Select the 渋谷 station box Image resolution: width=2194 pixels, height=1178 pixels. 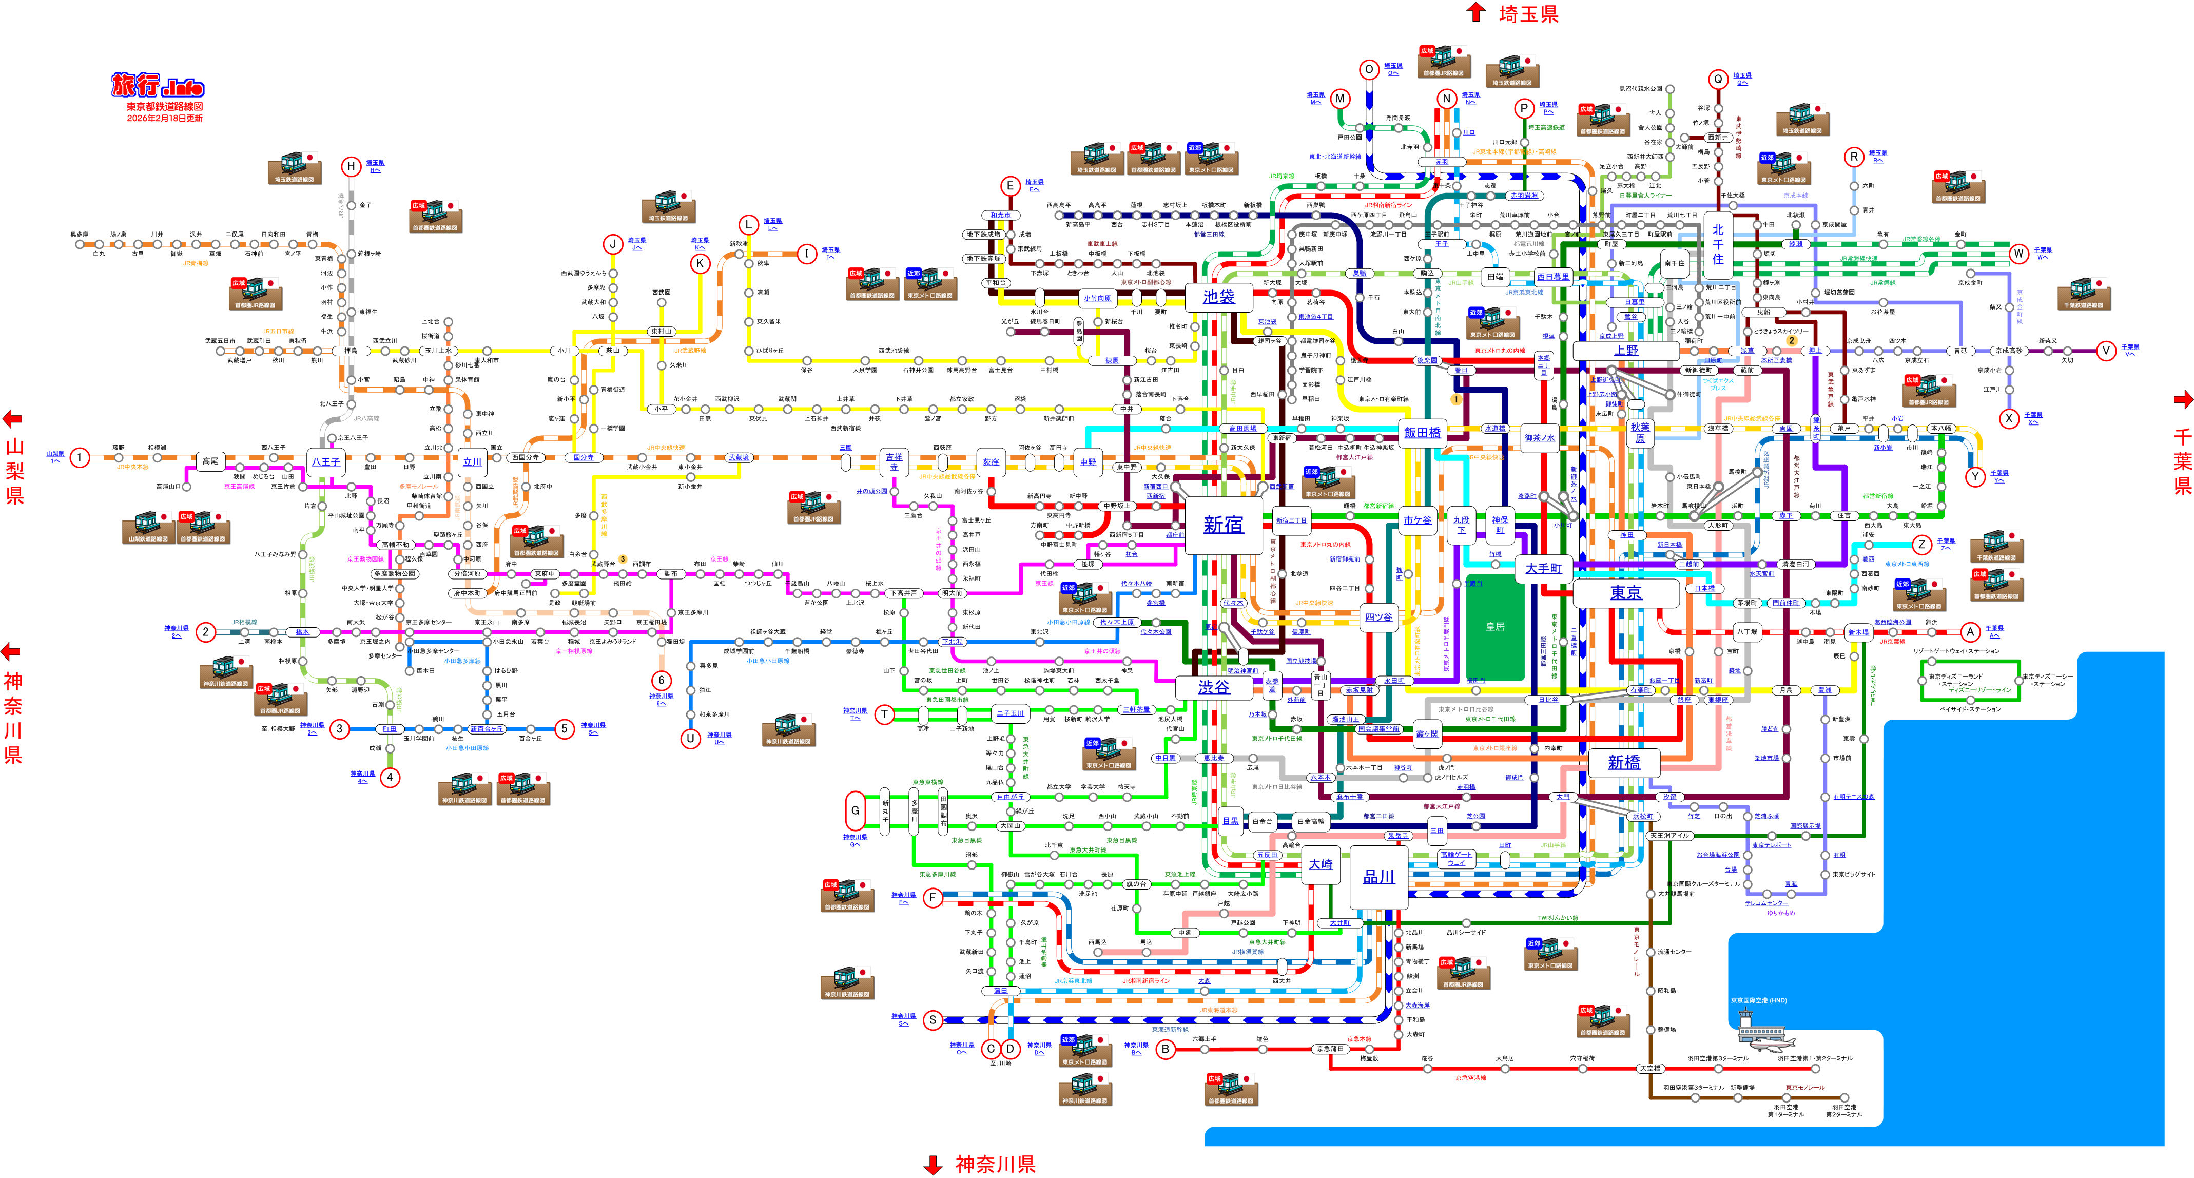[1214, 687]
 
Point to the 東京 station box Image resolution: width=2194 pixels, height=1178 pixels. [1625, 593]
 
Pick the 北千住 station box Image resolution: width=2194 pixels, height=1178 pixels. [1717, 244]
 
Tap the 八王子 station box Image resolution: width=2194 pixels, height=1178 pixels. [325, 461]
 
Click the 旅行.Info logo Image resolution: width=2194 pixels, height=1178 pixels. [159, 87]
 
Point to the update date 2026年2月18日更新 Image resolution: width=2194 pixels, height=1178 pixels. [164, 119]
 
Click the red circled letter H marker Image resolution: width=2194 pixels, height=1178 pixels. [350, 166]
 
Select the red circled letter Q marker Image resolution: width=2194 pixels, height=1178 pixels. [1718, 79]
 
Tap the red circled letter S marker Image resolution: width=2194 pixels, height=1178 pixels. [933, 1019]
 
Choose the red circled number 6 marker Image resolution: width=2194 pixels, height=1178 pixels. [661, 680]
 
